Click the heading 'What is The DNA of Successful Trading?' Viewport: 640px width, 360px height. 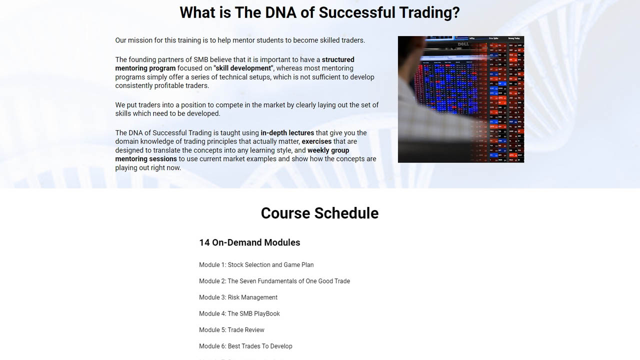click(319, 12)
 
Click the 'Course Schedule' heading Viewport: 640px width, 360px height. click(319, 213)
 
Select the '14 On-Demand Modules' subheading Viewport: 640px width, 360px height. click(249, 242)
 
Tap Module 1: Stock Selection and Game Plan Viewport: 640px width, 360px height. click(256, 265)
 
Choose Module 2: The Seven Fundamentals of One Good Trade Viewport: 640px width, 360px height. click(274, 281)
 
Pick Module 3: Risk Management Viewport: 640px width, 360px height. click(238, 297)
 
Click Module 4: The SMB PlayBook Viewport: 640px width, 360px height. click(239, 313)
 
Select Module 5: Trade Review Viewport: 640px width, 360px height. click(231, 330)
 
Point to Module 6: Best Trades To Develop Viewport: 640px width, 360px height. click(245, 346)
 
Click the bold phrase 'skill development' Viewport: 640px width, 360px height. click(243, 68)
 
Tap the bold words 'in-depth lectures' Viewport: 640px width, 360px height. click(287, 133)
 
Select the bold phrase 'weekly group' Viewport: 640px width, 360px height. click(328, 150)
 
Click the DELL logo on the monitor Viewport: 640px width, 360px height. click(463, 44)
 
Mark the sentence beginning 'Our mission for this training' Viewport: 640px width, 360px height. click(240, 40)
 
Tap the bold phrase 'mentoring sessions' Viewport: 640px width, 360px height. click(146, 159)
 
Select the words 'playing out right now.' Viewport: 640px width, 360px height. click(148, 168)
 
